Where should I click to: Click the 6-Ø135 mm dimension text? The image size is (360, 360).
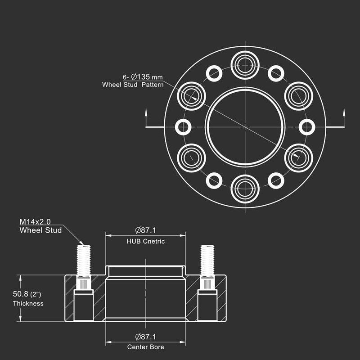tap(143, 76)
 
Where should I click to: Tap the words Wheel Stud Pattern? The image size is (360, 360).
tap(133, 85)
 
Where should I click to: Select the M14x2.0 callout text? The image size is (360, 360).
tap(35, 222)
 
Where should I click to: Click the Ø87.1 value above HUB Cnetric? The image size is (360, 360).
tap(145, 230)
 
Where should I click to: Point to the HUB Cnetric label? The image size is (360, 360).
tap(145, 241)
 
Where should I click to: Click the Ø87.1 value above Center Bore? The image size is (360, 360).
tap(145, 337)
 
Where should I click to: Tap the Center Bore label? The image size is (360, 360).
tap(145, 347)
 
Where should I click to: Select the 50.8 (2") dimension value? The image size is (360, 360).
tap(27, 294)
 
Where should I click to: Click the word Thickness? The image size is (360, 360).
tap(28, 303)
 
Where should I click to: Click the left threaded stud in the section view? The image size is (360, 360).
tap(84, 261)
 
